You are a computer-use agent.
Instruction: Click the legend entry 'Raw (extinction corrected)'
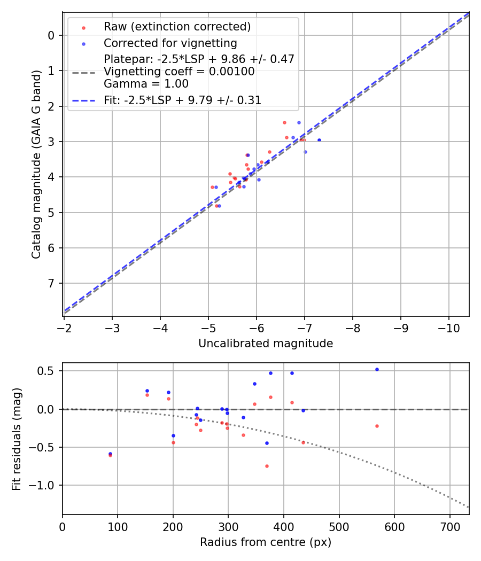point(177,27)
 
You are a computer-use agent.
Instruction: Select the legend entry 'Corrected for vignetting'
point(170,43)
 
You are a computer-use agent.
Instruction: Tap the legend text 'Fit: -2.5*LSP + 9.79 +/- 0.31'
point(182,100)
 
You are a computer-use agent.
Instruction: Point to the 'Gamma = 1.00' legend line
point(146,84)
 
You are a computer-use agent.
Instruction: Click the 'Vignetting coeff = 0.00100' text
point(179,72)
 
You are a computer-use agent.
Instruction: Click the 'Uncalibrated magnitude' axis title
point(266,344)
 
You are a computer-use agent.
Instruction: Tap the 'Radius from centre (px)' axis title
point(266,542)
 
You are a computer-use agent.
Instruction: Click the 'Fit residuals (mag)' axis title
point(17,438)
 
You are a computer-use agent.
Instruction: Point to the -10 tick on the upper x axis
point(448,327)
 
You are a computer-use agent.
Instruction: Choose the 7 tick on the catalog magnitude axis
point(51,283)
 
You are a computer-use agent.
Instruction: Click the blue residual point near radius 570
point(377,369)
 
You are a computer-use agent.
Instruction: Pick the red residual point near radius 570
point(377,426)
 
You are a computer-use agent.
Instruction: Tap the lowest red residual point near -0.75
point(267,466)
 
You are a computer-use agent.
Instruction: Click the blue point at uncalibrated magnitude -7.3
point(319,140)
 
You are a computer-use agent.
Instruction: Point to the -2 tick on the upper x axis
point(64,327)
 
